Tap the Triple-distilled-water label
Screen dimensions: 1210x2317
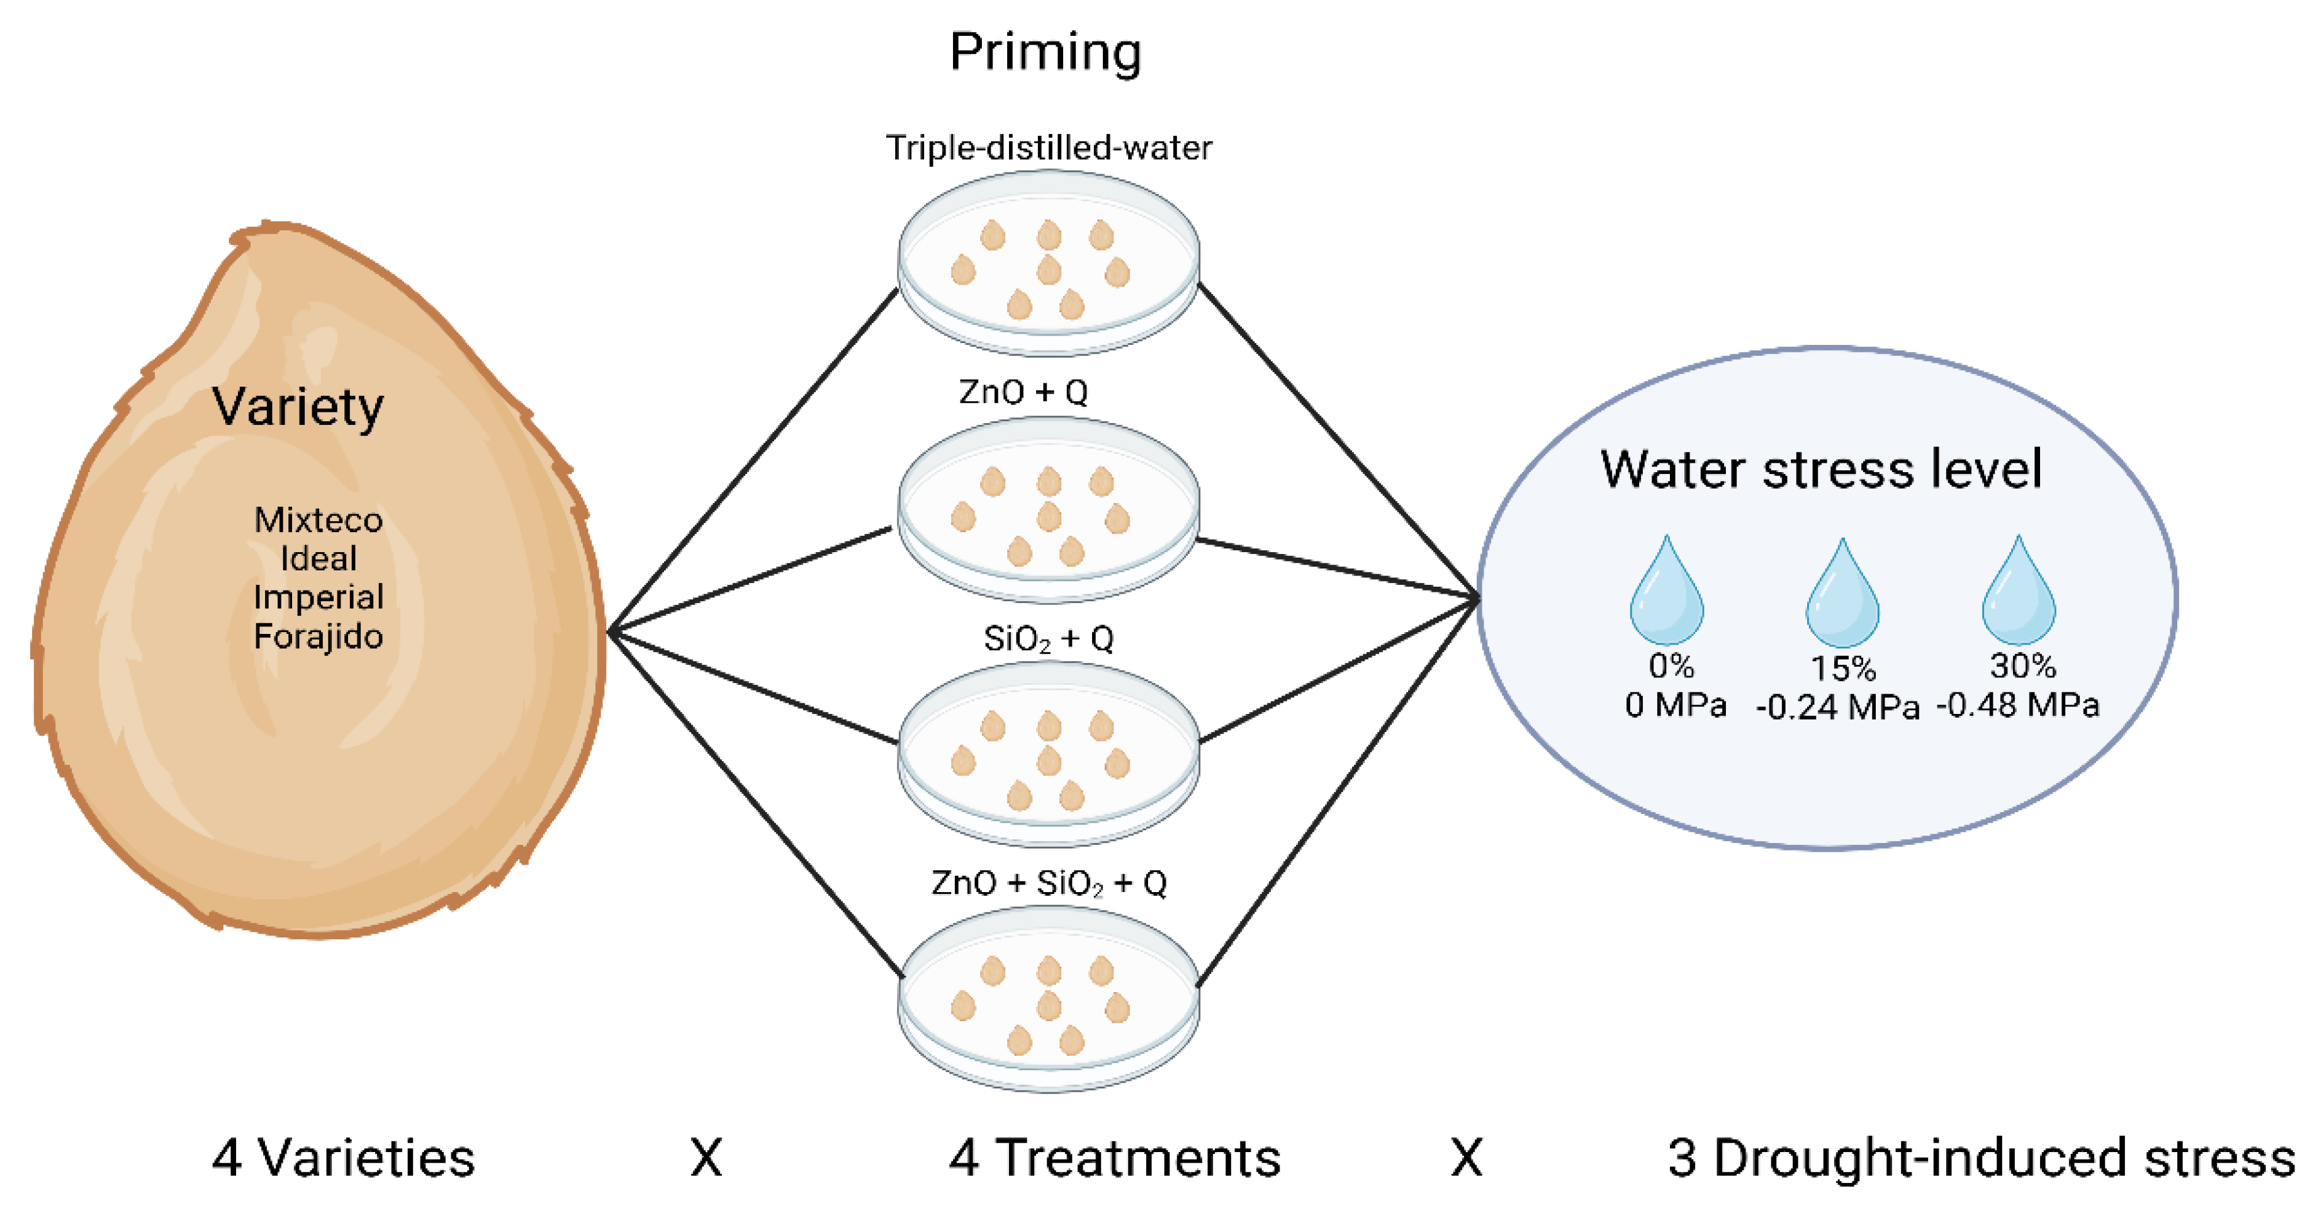[1049, 147]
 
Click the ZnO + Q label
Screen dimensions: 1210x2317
[1023, 392]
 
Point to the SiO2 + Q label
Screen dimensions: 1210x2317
[1049, 640]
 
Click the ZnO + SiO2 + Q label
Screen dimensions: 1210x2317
[1049, 883]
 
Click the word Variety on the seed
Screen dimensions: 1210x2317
[298, 407]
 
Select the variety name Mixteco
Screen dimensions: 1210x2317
[319, 520]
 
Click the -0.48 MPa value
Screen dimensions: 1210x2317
[2017, 705]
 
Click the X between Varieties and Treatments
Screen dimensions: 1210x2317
[706, 1158]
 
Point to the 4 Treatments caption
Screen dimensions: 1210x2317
[1114, 1158]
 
